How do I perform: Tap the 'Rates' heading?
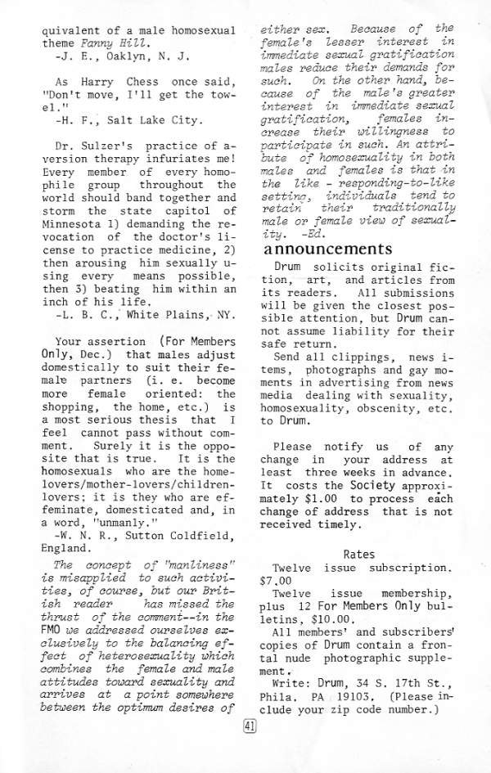(359, 554)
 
